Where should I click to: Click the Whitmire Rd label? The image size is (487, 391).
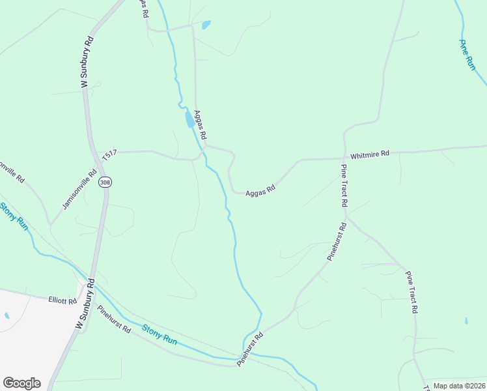pos(369,154)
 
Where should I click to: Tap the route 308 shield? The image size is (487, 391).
pos(105,182)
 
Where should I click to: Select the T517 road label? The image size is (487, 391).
pos(109,154)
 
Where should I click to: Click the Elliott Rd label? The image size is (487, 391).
pos(63,301)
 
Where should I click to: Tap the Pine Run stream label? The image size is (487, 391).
pos(468,55)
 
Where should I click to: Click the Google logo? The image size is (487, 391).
pos(21,383)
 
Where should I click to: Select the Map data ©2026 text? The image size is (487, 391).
pos(458,386)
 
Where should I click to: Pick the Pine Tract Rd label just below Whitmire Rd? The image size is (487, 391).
pos(344,185)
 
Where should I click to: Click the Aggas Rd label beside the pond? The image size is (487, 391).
pos(201,124)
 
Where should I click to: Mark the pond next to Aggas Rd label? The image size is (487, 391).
pos(189,119)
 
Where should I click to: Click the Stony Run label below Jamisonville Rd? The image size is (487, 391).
pos(14,216)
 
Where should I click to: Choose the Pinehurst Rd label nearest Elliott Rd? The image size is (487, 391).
pos(114,319)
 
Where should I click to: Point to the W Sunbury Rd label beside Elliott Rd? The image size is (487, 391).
pos(85,304)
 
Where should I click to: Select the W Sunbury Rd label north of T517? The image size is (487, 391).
pos(85,63)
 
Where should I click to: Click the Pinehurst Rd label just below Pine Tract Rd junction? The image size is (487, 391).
pos(339,242)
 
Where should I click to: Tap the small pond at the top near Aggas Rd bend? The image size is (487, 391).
pos(206,25)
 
